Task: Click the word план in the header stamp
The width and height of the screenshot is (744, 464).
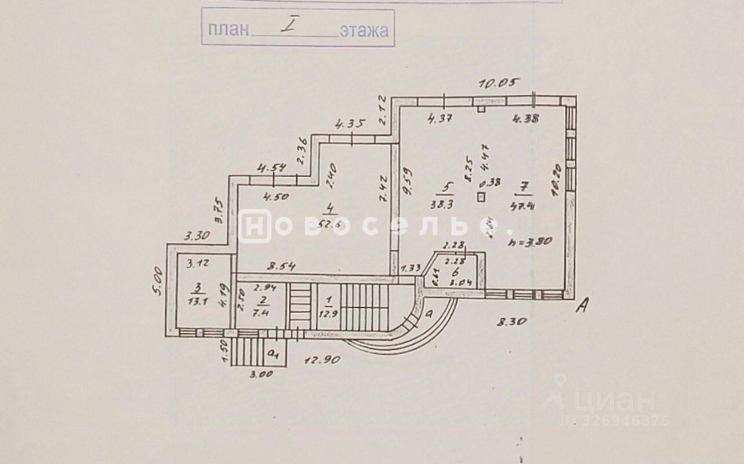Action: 227,29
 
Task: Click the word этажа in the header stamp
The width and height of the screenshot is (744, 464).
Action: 364,30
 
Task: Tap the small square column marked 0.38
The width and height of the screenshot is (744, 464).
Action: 480,196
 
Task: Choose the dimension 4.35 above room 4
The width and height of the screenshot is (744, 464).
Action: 350,123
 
